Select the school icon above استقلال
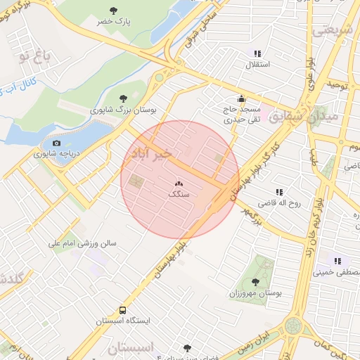point(257,53)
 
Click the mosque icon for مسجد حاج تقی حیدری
point(241,98)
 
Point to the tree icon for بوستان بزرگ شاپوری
point(124,98)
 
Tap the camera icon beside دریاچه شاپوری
point(57,143)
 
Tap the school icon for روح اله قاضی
point(279,191)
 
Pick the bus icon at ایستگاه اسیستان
point(123,309)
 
